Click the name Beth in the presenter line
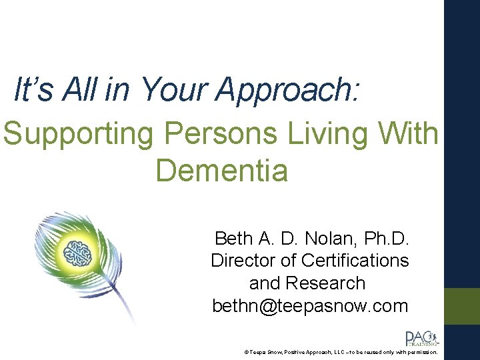(233, 238)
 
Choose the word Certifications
(355, 260)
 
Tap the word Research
(325, 283)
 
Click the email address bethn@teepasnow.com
(309, 305)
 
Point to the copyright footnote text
(340, 351)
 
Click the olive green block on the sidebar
(462, 306)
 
